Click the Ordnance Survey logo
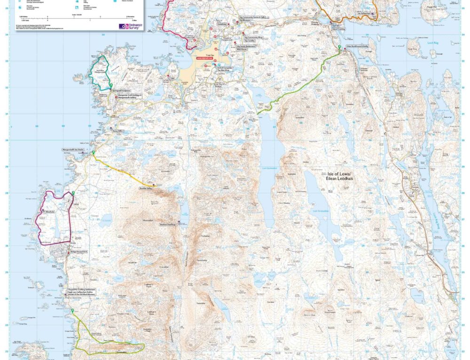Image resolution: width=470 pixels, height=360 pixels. [x=130, y=26]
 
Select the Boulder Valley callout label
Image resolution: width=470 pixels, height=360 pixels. [x=146, y=188]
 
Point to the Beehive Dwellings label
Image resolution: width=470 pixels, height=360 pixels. [x=168, y=225]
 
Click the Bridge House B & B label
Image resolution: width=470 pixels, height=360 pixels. [x=79, y=252]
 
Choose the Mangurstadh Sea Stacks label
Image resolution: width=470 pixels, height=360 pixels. [x=73, y=149]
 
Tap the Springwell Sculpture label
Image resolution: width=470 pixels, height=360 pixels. [x=121, y=89]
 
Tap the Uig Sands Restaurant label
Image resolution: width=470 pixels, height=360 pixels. [x=248, y=46]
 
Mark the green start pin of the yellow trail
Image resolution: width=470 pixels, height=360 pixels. [x=94, y=153]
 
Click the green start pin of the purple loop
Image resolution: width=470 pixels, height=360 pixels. [x=73, y=193]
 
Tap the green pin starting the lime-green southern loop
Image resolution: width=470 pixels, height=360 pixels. [x=72, y=311]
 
